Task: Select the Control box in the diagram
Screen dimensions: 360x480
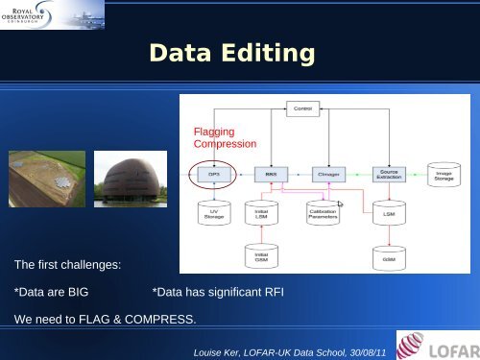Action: (301, 110)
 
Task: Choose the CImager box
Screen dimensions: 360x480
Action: (327, 175)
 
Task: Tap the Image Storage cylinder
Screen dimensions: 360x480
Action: (444, 176)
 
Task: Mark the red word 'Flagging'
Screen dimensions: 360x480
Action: (213, 131)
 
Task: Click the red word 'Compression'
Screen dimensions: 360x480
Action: (225, 144)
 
